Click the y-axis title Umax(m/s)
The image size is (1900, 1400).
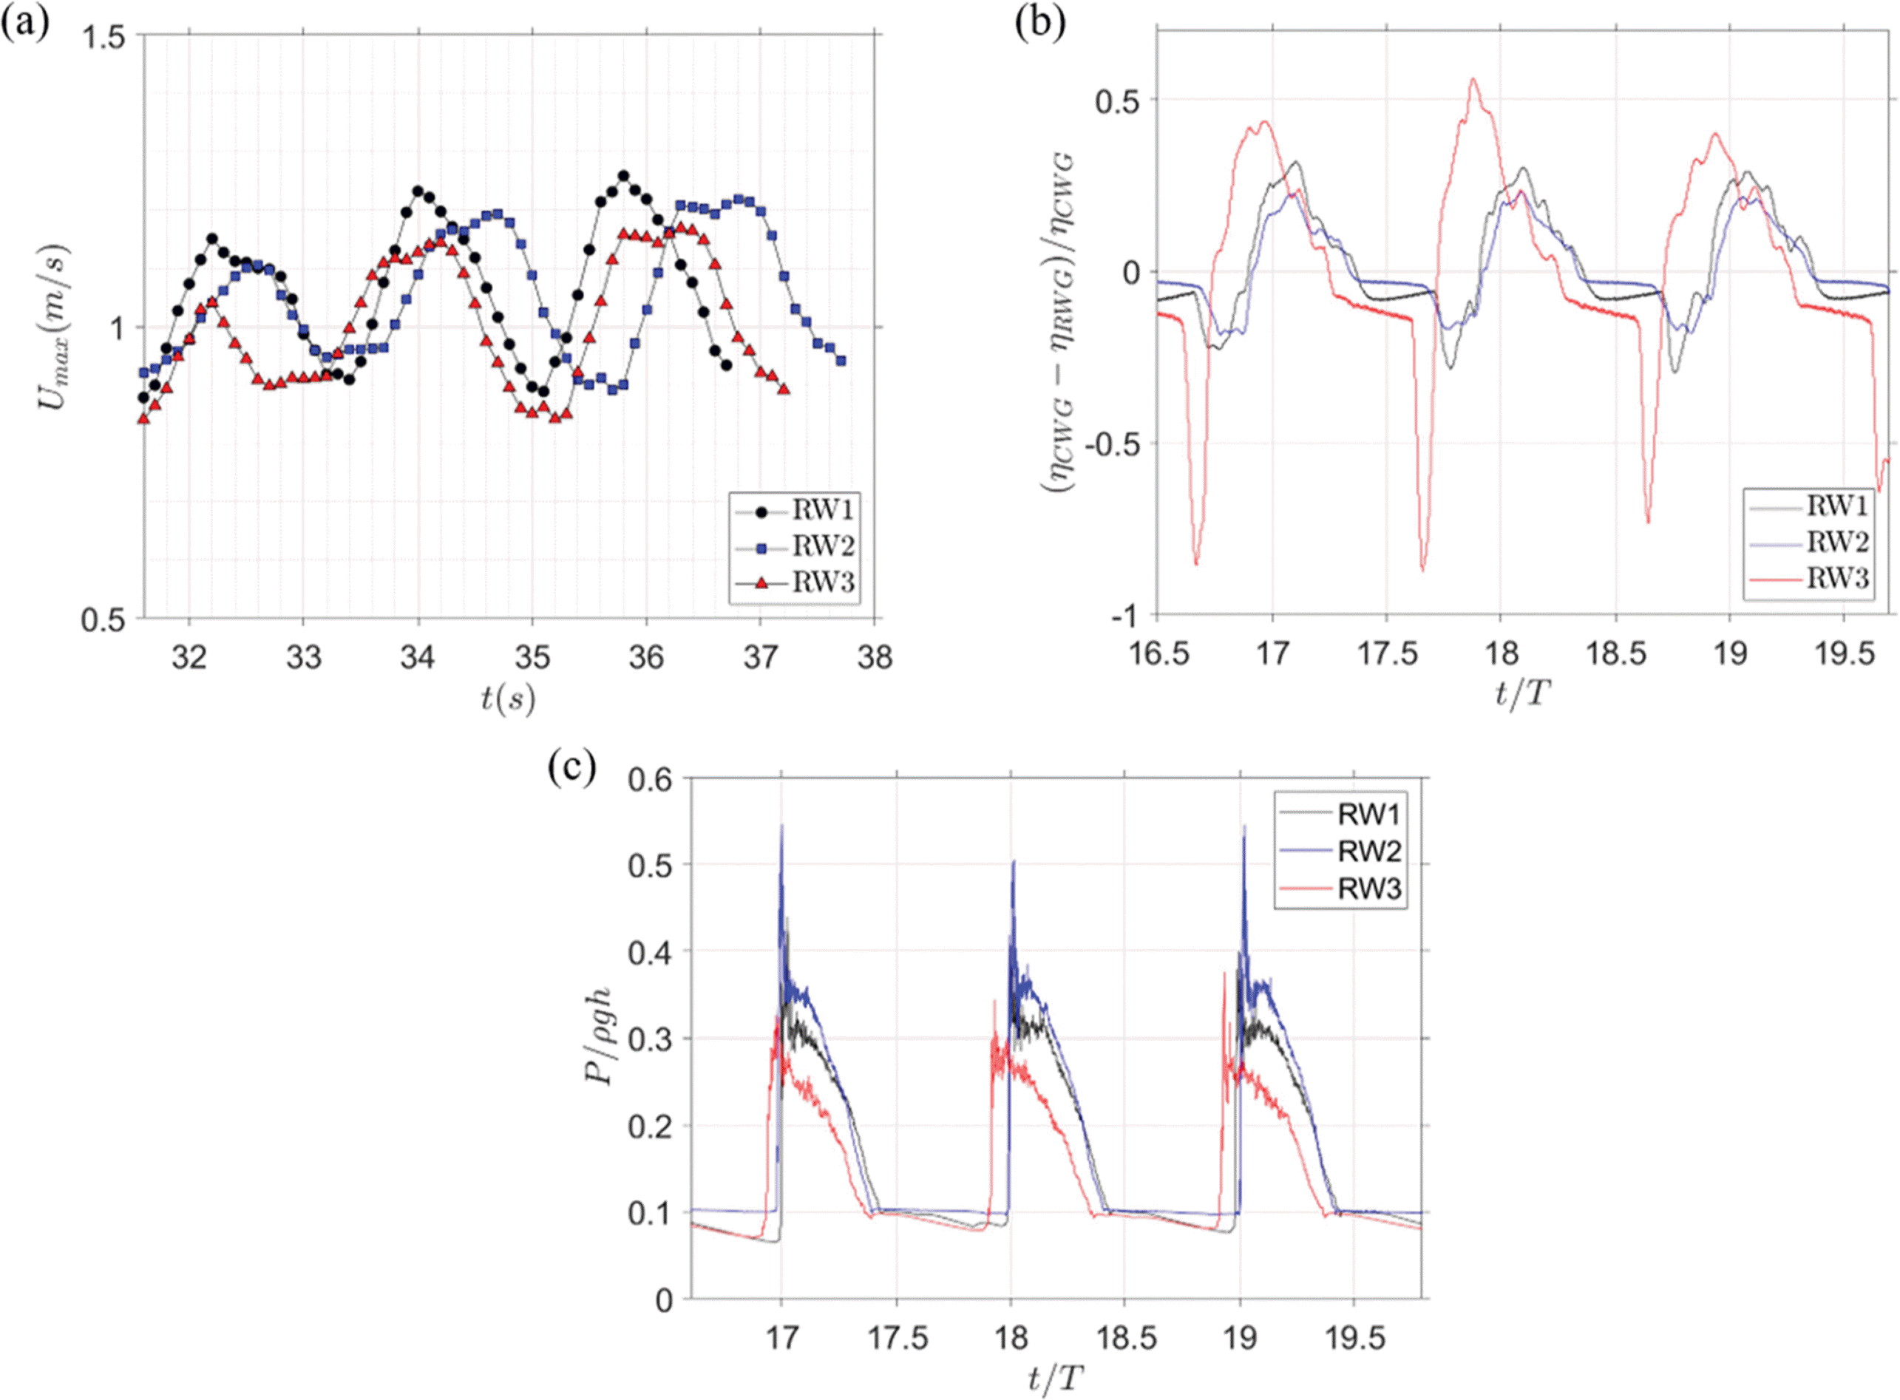coord(52,327)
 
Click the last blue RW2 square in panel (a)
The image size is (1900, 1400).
coord(841,360)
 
